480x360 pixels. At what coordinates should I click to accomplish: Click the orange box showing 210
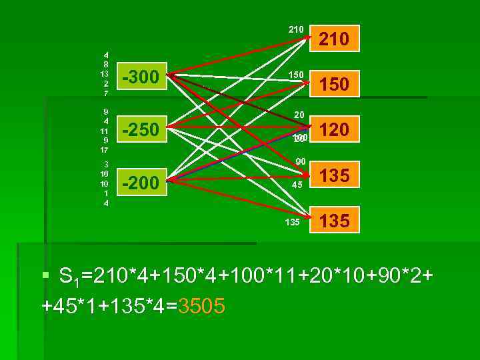point(334,39)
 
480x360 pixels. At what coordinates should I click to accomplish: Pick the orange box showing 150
point(334,84)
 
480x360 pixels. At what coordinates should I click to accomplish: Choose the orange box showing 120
point(334,129)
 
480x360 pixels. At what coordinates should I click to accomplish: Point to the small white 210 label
point(296,29)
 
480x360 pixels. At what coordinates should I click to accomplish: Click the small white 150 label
point(296,75)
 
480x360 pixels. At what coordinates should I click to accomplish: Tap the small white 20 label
point(299,115)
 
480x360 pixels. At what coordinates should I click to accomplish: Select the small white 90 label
point(301,162)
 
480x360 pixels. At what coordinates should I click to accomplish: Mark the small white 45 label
point(297,185)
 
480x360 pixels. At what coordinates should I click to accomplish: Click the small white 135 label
point(292,222)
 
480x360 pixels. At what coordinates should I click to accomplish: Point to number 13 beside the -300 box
point(105,74)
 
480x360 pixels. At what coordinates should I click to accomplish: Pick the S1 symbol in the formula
point(68,276)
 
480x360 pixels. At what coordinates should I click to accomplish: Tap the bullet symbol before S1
point(45,275)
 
